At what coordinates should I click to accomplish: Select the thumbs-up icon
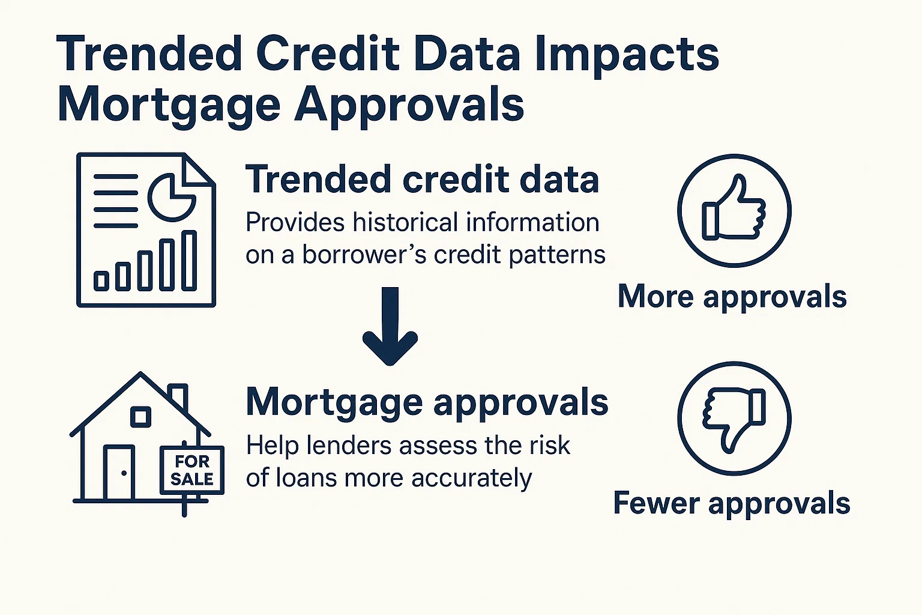click(734, 210)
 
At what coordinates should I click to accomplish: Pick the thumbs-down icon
click(734, 418)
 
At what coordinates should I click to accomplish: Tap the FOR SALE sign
click(192, 470)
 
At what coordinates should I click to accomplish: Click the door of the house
click(119, 473)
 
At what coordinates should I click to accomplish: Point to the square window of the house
click(140, 416)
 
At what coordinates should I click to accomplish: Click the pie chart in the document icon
click(172, 197)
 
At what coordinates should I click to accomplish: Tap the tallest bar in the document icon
click(189, 261)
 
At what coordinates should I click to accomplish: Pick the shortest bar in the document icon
click(101, 280)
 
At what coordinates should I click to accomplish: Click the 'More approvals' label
click(732, 297)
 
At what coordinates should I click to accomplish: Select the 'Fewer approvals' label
click(731, 503)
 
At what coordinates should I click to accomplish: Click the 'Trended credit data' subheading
click(422, 180)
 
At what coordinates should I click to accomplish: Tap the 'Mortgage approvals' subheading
click(427, 402)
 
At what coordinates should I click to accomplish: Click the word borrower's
click(364, 255)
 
